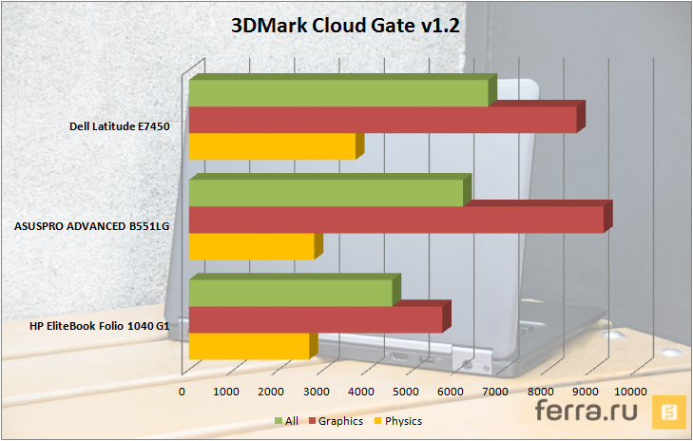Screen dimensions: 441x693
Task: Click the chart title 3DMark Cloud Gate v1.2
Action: point(346,26)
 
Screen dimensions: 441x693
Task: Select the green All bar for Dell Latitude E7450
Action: point(338,93)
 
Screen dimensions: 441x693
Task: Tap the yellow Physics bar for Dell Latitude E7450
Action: point(272,146)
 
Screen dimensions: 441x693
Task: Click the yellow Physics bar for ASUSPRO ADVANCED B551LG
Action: point(251,246)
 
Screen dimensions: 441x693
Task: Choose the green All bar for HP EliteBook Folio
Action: point(290,292)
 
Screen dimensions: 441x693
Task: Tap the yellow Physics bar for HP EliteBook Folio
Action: point(249,346)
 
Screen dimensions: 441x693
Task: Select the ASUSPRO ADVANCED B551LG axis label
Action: point(91,225)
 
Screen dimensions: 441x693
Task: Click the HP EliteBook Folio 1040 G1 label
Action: point(100,326)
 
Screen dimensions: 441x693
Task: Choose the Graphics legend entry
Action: point(335,420)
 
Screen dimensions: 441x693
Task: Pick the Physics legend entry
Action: point(397,420)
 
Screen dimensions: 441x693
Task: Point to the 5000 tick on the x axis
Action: point(406,391)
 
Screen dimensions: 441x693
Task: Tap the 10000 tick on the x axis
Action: point(629,391)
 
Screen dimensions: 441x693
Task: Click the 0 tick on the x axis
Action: point(183,391)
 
